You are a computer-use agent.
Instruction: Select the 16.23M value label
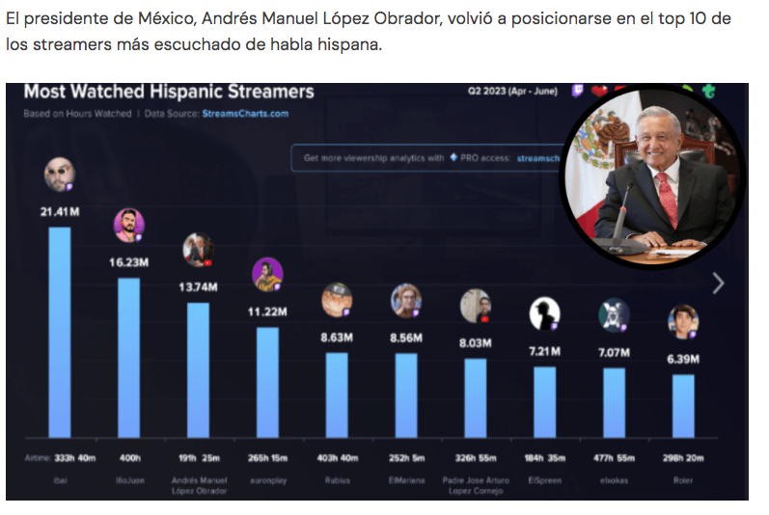128,261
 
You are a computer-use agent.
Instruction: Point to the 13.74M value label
198,287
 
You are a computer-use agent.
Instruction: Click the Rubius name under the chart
337,479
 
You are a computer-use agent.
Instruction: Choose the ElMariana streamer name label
405,479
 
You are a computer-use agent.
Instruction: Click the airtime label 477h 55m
614,457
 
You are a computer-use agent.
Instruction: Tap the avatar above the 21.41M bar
60,175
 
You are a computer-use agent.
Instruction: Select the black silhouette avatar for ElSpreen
544,314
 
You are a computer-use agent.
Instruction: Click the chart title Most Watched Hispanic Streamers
169,93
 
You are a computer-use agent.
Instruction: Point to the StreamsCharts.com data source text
244,114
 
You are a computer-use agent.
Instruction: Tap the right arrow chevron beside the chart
717,283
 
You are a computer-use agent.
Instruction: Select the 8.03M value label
475,342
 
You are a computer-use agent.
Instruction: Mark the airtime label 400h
128,457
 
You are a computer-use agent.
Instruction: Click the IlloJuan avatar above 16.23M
128,226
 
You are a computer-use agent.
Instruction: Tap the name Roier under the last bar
683,479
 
